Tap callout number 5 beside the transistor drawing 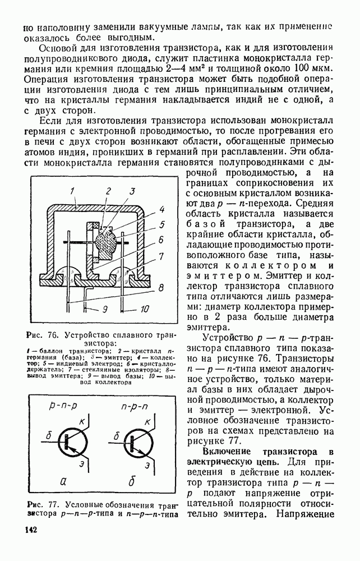(161, 226)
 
